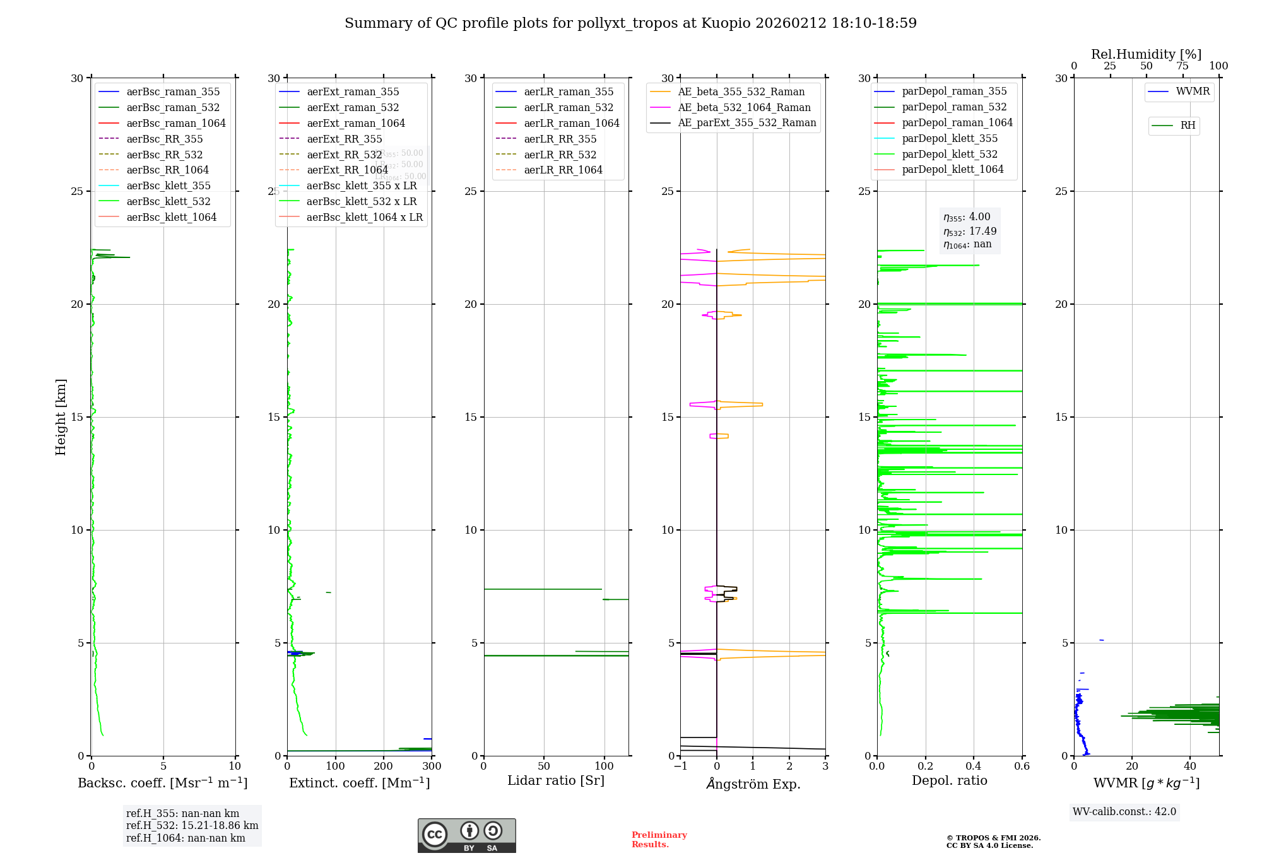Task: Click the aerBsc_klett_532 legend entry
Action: coord(168,201)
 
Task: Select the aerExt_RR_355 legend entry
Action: coord(344,139)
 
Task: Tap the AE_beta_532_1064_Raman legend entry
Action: coord(743,107)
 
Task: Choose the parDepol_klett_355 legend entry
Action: coord(949,138)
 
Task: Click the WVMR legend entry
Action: coord(1192,91)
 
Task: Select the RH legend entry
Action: coord(1187,126)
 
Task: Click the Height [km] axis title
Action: coord(61,417)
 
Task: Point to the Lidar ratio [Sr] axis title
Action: coord(556,780)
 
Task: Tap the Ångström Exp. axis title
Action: coord(753,784)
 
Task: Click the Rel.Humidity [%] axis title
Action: coord(1146,54)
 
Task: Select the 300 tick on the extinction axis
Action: coord(432,766)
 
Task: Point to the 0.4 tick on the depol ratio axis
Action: coord(974,766)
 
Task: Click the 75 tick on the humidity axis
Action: coord(1182,66)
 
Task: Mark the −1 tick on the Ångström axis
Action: coord(680,766)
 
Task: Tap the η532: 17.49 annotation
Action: coord(970,232)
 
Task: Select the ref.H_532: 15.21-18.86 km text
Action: coord(192,825)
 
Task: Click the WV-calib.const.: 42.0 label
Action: coord(1124,811)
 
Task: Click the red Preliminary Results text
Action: coord(659,840)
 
